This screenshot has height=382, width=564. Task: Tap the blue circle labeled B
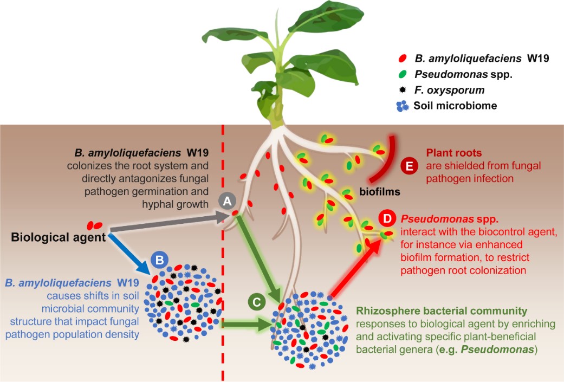pyautogui.click(x=160, y=260)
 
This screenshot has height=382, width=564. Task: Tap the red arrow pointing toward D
pyautogui.click(x=354, y=268)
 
